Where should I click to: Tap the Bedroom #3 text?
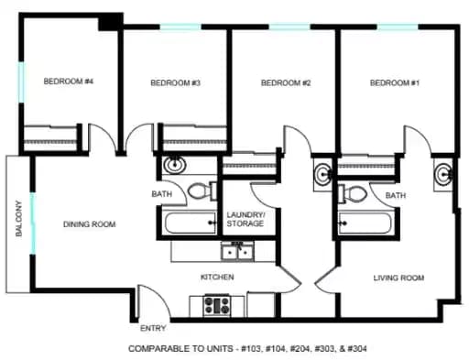point(175,83)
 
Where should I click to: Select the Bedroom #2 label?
point(286,83)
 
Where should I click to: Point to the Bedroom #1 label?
point(394,83)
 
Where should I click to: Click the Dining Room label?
point(89,224)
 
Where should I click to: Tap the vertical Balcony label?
point(18,220)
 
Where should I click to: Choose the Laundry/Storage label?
point(245,220)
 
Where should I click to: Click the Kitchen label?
point(217,277)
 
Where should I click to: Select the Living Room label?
point(398,277)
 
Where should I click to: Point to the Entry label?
point(152,328)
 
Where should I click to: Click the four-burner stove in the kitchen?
point(216,304)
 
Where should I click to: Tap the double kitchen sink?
point(238,250)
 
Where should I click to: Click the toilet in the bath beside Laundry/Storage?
point(198,191)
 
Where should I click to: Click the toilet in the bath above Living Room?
point(354,192)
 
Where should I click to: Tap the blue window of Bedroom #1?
point(397,28)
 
